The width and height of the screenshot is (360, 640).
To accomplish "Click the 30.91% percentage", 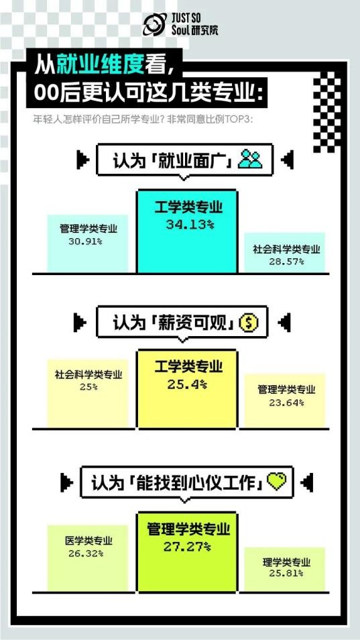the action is click(x=85, y=241).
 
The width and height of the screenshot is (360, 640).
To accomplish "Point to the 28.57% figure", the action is click(x=286, y=261).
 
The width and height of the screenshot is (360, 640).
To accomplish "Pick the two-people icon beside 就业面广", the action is click(x=250, y=160).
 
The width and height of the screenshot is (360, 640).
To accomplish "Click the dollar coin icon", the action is click(x=249, y=323).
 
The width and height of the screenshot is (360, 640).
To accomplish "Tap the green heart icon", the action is click(x=276, y=482).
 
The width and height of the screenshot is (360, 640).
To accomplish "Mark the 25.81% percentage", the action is click(x=286, y=573).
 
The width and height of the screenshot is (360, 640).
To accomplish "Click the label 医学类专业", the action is click(x=88, y=541).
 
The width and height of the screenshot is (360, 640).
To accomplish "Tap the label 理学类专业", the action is click(x=286, y=562).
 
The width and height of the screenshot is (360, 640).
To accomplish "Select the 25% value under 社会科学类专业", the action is click(x=88, y=386).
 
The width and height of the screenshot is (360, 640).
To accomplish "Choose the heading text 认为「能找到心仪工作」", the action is click(x=176, y=482).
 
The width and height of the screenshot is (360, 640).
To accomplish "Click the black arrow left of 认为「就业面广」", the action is click(x=82, y=160).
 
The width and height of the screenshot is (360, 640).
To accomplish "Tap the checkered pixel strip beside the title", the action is click(x=327, y=112).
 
